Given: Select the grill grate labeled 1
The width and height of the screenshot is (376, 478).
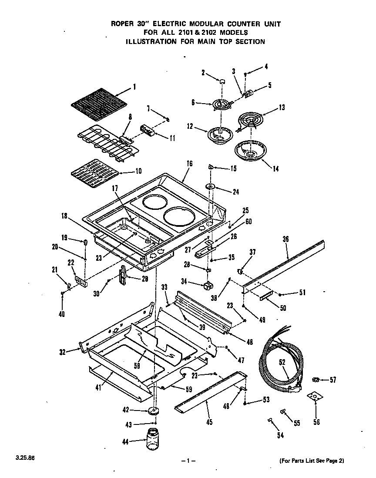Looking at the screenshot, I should pyautogui.click(x=99, y=104).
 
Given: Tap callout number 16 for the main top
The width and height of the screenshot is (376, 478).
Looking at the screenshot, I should pyautogui.click(x=189, y=164).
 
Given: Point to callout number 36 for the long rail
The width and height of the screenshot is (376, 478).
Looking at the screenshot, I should pyautogui.click(x=285, y=239).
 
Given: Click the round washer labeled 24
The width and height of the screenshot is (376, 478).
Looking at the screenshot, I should pyautogui.click(x=211, y=186).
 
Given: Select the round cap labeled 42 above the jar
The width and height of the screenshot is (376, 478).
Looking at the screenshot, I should pyautogui.click(x=153, y=411).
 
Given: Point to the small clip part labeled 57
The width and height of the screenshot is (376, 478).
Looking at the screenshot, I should pyautogui.click(x=316, y=380).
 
